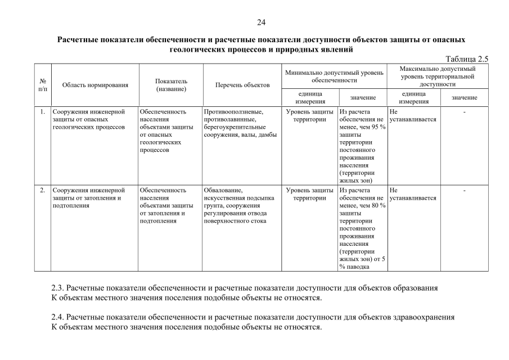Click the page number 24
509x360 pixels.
261,22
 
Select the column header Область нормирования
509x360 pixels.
95,85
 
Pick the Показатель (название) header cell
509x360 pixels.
171,85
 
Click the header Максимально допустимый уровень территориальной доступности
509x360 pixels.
438,76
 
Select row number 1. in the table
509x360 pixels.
43,111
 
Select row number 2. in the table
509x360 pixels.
43,190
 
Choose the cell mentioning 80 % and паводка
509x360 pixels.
362,228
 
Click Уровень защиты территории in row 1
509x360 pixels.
309,115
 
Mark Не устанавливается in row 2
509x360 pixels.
412,194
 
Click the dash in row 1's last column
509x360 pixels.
465,111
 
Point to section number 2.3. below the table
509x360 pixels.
58,287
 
